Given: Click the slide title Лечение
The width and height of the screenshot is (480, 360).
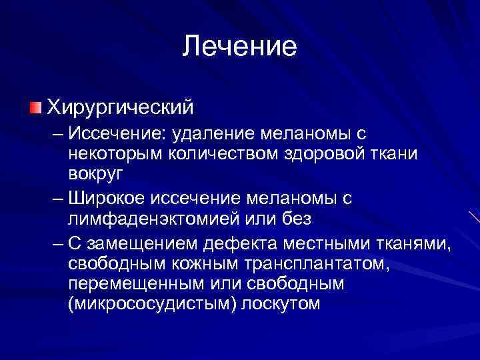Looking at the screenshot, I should point(239,46).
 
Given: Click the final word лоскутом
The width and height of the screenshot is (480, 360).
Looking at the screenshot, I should point(281,303).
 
